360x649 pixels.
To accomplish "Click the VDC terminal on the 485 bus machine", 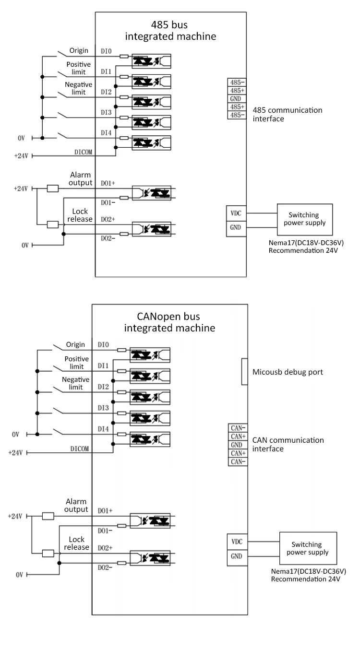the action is (236, 213).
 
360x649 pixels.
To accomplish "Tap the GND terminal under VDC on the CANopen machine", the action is (237, 556).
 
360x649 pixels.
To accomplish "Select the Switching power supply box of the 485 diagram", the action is (305, 219).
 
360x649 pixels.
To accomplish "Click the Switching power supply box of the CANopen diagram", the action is (308, 548).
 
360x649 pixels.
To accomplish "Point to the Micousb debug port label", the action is (288, 372).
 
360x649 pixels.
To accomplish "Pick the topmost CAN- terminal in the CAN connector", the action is (238, 428).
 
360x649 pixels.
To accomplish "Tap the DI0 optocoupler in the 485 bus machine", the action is (151, 61).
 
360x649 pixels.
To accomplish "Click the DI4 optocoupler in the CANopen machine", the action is (150, 439).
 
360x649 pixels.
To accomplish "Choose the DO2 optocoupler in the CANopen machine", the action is (150, 558).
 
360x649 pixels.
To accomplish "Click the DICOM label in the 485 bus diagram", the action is (83, 152).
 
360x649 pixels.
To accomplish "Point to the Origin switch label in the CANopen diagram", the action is (75, 344).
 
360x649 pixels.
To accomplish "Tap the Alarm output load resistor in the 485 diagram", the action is (53, 189).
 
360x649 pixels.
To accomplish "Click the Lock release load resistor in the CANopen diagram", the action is (48, 554).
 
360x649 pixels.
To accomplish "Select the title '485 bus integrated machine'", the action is (170, 30).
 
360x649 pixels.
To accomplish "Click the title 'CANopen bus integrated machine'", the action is (169, 322).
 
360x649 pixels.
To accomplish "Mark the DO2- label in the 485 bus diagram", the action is (108, 238).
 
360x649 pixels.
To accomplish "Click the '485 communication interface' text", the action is (287, 114).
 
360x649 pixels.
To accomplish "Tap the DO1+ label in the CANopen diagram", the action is (105, 510).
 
